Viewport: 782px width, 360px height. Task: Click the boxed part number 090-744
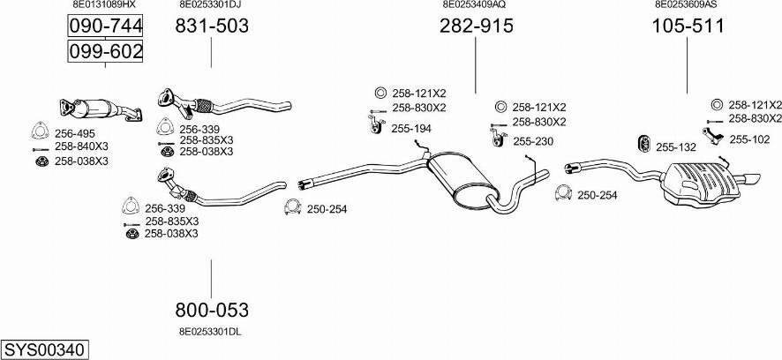pyautogui.click(x=105, y=28)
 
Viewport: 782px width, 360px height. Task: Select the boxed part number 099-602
pyautogui.click(x=105, y=52)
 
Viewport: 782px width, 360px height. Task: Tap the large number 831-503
pyautogui.click(x=212, y=26)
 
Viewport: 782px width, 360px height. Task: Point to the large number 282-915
pyautogui.click(x=476, y=26)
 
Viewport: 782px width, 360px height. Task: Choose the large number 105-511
pyautogui.click(x=688, y=26)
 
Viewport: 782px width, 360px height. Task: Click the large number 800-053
pyautogui.click(x=212, y=310)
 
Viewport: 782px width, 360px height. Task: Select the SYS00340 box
pyautogui.click(x=44, y=350)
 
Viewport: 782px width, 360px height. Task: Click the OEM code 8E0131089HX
pyautogui.click(x=104, y=4)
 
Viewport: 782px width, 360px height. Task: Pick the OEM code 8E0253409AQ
pyautogui.click(x=474, y=4)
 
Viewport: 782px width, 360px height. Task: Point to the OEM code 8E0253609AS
pyautogui.click(x=686, y=4)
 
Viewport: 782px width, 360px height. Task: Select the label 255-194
pyautogui.click(x=410, y=129)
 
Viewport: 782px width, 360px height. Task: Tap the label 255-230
pyautogui.click(x=532, y=140)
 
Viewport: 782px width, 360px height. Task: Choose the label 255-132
pyautogui.click(x=676, y=146)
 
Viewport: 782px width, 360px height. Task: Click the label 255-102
pyautogui.click(x=749, y=139)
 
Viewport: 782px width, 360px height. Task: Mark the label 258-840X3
pyautogui.click(x=81, y=146)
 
